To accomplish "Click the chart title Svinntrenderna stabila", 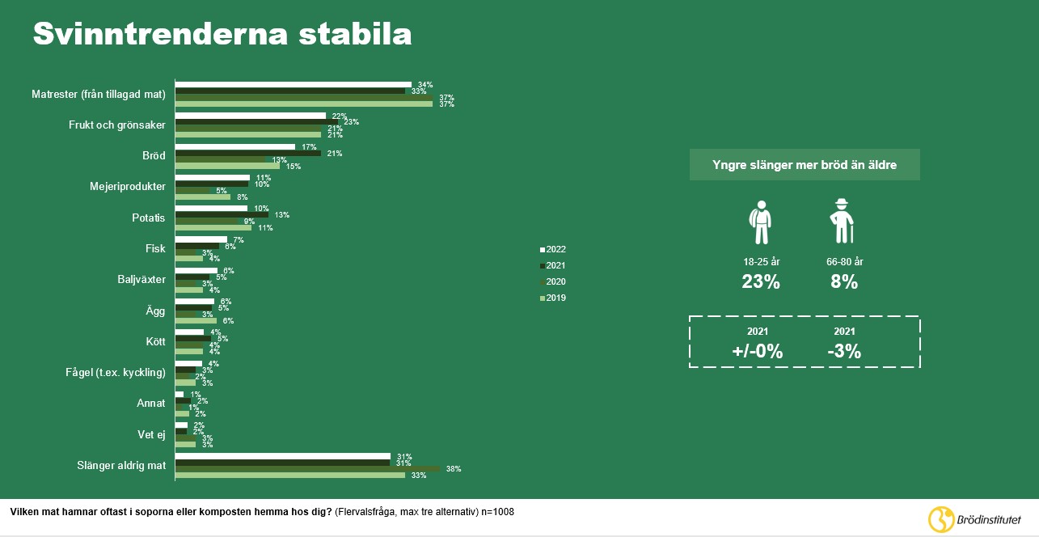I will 222,35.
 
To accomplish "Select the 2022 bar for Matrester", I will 293,84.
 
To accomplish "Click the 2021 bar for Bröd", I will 247,153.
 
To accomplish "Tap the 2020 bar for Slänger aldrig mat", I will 307,468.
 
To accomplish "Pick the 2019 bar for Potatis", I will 213,228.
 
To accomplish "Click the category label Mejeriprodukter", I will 127,187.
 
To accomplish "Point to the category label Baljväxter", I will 141,280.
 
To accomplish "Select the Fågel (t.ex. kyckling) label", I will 116,373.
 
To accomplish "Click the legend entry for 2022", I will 553,248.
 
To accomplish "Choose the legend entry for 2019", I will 553,298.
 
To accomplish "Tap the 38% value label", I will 453,469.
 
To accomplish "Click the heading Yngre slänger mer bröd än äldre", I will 804,165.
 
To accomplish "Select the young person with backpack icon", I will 760,222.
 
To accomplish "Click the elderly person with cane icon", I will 843,221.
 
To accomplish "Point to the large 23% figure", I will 761,282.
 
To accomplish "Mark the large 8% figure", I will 843,282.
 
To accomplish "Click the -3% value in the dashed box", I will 843,352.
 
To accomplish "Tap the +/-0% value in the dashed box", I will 757,352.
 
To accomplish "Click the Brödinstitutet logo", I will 974,518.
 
